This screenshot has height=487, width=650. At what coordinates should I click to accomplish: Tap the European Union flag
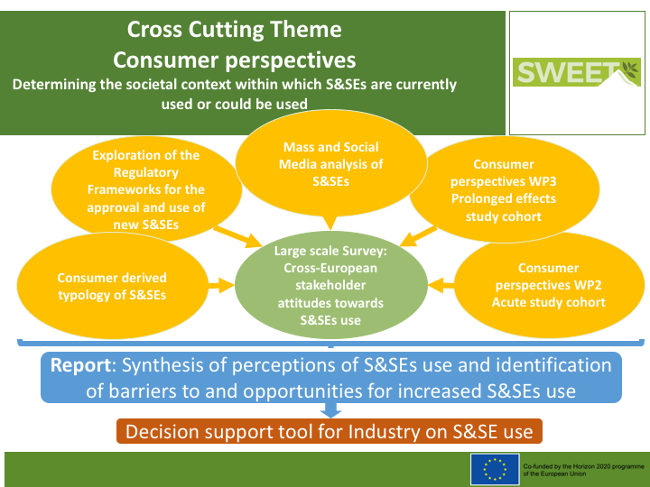tap(494, 468)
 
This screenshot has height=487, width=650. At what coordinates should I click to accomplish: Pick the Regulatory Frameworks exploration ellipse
tap(146, 189)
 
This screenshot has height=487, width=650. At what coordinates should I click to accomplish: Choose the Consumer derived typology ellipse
tap(112, 287)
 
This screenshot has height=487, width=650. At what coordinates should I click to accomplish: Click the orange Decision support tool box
tap(329, 432)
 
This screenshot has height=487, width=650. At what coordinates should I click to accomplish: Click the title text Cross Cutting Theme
tap(235, 30)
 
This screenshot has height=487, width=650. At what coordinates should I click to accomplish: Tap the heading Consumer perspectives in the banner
tap(235, 60)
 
